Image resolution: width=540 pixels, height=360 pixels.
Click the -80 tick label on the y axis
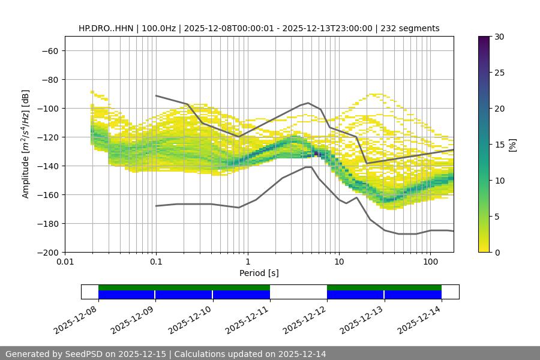click(49, 79)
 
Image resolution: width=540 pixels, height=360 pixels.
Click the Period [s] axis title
click(259, 273)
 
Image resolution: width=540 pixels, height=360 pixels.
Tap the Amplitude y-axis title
click(25, 144)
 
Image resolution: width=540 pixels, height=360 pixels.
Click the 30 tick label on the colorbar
click(499, 37)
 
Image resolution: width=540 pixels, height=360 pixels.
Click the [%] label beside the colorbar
click(512, 145)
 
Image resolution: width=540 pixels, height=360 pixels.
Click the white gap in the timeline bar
click(298, 292)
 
